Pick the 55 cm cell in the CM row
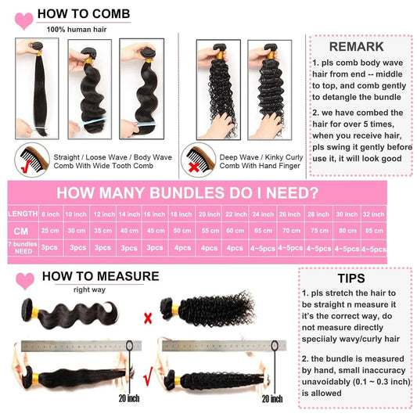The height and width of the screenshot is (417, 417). pos(209,231)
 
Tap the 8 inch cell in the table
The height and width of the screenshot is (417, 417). pos(51,214)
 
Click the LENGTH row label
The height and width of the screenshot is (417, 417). pos(22,214)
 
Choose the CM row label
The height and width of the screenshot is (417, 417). pos(22,231)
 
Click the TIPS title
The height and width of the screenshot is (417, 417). pos(350,279)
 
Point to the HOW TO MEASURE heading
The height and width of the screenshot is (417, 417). pos(100,276)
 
